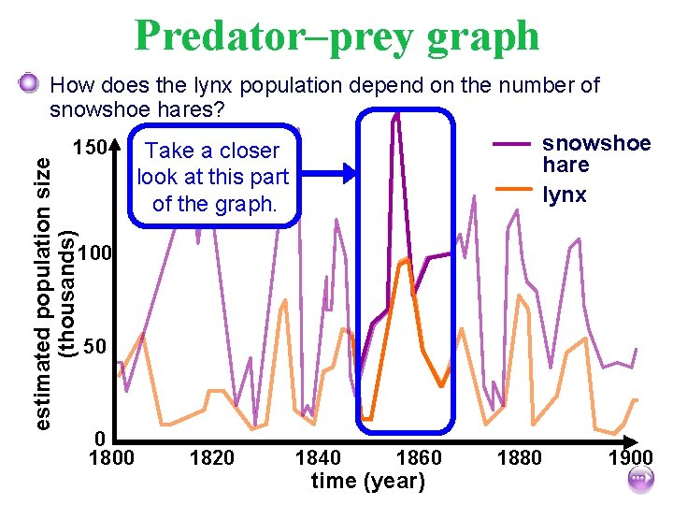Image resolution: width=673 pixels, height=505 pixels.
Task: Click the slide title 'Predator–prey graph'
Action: pos(336,36)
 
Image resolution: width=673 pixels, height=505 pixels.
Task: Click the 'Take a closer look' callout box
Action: pos(213,177)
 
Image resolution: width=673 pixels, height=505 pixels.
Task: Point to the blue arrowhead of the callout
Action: pos(350,172)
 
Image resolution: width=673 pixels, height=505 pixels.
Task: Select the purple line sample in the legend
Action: pos(511,145)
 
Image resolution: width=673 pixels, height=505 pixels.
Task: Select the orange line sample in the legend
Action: pos(511,190)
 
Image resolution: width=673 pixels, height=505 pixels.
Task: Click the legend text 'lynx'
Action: pos(565,195)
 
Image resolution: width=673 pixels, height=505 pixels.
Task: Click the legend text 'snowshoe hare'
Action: pos(596,153)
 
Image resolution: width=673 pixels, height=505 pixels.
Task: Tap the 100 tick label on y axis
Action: pos(95,253)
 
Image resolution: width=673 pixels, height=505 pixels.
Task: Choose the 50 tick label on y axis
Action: pos(95,348)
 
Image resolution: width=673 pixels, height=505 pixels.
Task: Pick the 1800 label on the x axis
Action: pos(111,458)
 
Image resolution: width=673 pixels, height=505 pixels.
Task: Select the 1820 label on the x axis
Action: pos(212,458)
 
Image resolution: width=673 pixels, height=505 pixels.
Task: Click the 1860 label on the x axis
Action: pos(419,458)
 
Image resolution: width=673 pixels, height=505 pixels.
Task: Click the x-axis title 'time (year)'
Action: pos(367,482)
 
